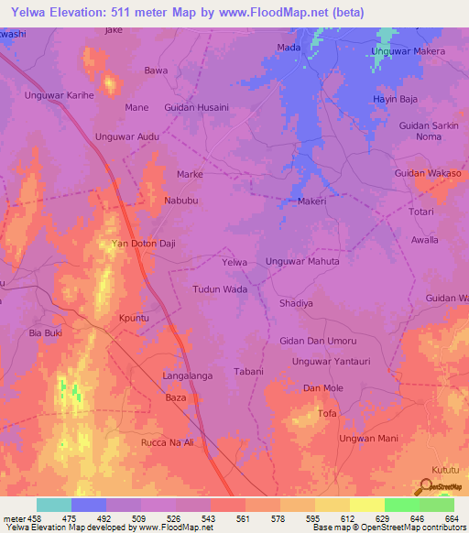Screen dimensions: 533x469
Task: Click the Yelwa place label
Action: (x=235, y=262)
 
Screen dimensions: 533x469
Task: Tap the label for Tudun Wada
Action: (x=220, y=289)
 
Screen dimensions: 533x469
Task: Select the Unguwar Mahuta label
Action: (x=302, y=262)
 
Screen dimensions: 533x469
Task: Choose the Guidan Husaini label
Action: (x=196, y=107)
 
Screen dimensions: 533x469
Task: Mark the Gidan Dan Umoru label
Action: (x=316, y=341)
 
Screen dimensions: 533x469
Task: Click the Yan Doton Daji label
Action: (x=142, y=244)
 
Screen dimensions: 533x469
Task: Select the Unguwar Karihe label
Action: (x=55, y=94)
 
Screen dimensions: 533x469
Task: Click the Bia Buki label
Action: (x=47, y=332)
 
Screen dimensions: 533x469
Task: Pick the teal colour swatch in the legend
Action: (x=54, y=505)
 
